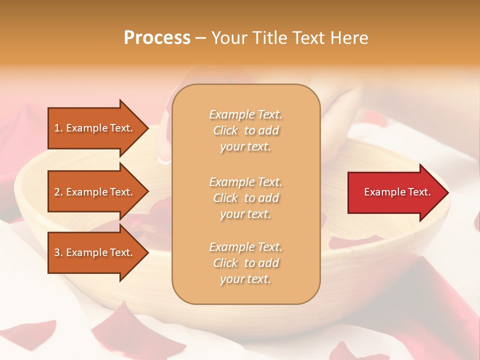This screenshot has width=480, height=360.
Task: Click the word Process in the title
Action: coord(157,38)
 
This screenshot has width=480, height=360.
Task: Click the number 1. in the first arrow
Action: coord(58,128)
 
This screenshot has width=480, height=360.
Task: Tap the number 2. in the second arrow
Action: coord(58,192)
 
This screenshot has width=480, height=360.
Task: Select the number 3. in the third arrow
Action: coord(58,252)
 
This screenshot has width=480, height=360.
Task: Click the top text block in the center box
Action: coord(245,130)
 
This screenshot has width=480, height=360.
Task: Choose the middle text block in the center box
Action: coord(245,198)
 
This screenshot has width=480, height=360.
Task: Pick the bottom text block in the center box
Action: coord(245,263)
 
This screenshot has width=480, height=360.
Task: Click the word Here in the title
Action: coord(350,38)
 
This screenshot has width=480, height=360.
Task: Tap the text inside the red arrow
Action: coord(397,192)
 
